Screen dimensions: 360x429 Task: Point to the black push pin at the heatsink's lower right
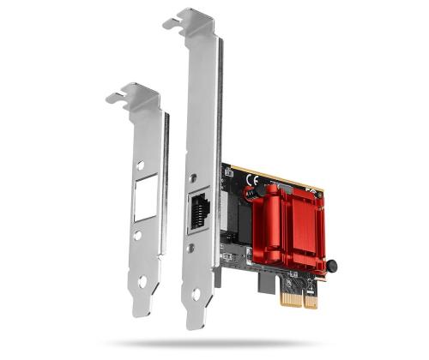click(329, 264)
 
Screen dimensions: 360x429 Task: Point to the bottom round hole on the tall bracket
click(196, 294)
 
